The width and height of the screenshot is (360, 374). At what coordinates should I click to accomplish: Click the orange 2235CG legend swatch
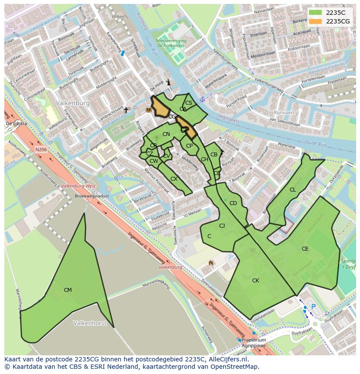click(316, 21)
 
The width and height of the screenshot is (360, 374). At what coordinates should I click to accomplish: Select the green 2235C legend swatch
click(316, 13)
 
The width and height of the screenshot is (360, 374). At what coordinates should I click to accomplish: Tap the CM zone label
click(68, 290)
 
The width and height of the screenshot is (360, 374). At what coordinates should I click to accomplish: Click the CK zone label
click(256, 281)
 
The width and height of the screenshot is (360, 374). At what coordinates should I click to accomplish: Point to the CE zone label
click(305, 249)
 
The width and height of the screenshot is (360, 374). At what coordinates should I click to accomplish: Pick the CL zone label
click(293, 190)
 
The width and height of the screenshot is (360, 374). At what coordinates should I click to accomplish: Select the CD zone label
click(233, 203)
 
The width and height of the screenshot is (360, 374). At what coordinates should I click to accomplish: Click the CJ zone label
click(222, 226)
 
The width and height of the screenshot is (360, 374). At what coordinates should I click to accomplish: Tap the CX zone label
click(174, 179)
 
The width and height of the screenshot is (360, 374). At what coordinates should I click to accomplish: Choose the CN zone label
click(166, 134)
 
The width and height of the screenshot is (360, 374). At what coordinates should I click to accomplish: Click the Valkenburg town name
click(73, 103)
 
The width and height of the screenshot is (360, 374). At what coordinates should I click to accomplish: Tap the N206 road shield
click(41, 149)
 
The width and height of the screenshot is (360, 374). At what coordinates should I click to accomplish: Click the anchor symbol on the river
click(202, 99)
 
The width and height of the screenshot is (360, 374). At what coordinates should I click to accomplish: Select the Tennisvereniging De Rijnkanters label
click(172, 43)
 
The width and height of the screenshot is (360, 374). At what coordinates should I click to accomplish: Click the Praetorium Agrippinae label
click(253, 343)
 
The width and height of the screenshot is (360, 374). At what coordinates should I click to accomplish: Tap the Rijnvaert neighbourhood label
click(284, 112)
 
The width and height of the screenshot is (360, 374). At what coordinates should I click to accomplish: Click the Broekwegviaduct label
click(91, 196)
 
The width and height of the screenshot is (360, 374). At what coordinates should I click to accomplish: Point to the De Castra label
click(16, 124)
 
